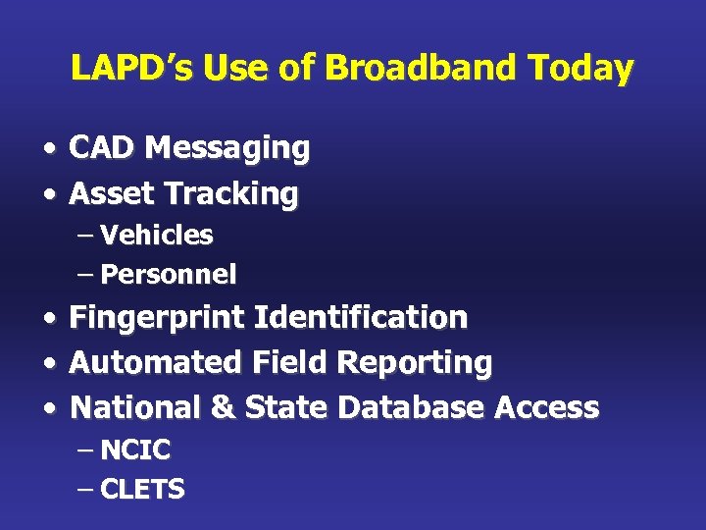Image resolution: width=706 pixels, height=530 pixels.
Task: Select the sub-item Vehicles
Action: point(157,236)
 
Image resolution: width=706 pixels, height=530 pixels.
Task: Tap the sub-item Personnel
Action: point(169,275)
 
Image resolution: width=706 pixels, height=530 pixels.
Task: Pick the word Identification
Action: point(361,318)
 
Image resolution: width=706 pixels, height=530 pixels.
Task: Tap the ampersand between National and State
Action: point(224,407)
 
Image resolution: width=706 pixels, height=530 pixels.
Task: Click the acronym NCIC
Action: point(135,450)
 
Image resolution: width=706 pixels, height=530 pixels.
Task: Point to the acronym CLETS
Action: point(143,490)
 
